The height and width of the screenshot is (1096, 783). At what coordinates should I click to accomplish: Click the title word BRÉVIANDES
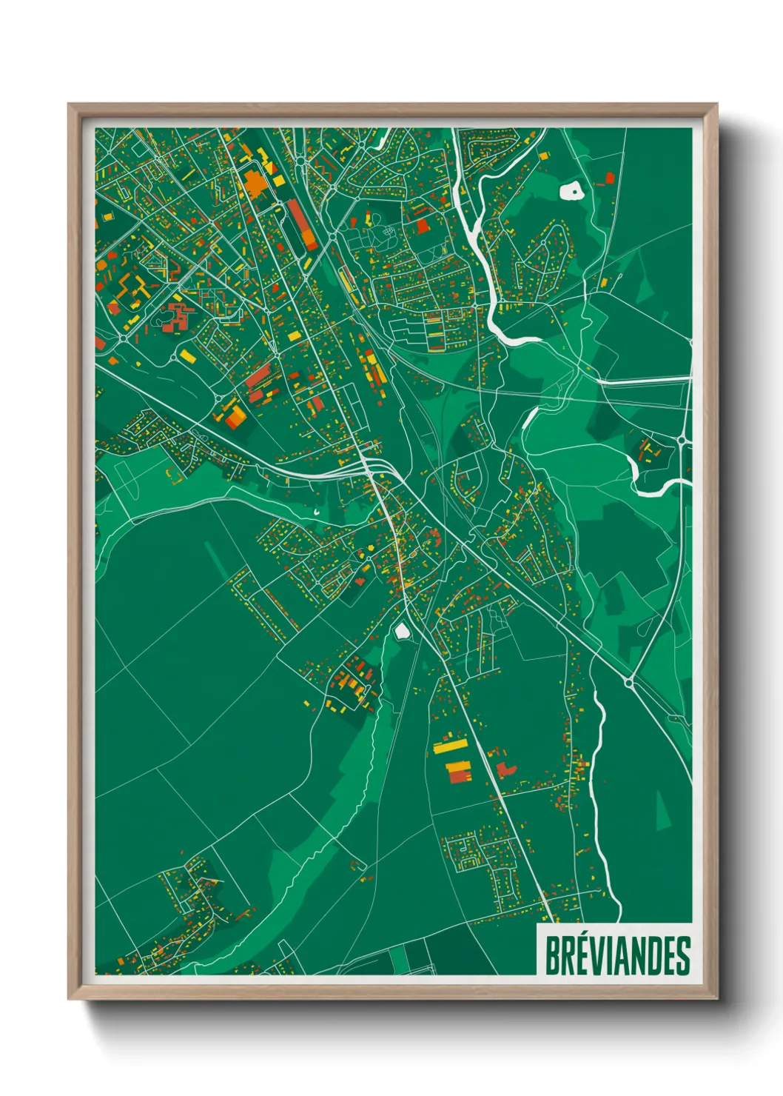click(x=617, y=956)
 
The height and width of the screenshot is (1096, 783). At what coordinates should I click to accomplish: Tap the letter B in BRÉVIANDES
click(x=552, y=956)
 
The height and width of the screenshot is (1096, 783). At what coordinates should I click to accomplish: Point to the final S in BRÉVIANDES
click(x=683, y=956)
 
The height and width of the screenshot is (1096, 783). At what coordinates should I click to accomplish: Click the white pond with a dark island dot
click(x=571, y=191)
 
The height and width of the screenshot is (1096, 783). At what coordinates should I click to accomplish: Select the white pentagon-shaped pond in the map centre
click(x=402, y=630)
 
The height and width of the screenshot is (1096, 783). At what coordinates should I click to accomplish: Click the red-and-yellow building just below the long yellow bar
click(x=459, y=770)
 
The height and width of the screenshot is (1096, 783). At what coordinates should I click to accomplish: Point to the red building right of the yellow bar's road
click(x=505, y=769)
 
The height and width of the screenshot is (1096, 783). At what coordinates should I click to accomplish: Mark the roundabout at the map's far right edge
click(x=681, y=441)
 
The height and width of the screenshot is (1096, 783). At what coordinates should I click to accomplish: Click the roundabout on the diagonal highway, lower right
click(x=629, y=682)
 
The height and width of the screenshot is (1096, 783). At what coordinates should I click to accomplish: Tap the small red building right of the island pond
click(x=610, y=178)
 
